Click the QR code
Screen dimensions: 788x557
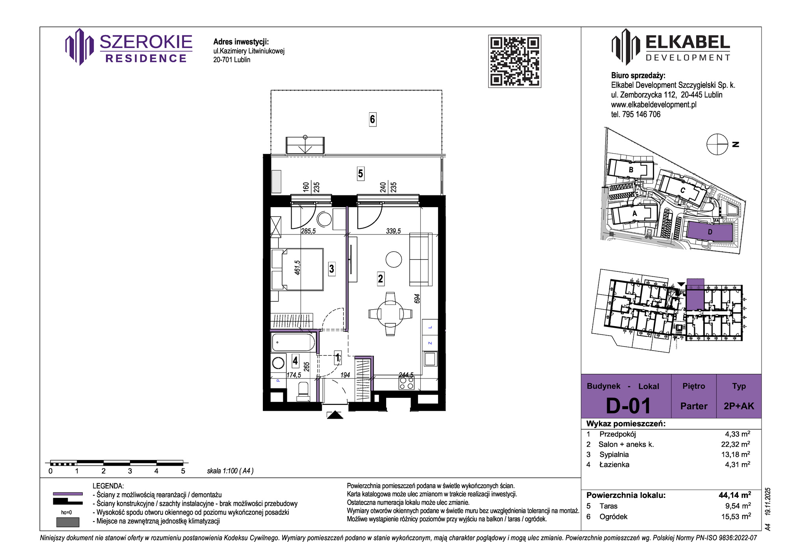pos(515,61)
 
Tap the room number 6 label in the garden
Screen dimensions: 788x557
pos(372,119)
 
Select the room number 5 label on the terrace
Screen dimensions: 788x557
pos(360,173)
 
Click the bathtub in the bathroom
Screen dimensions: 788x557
pos(293,342)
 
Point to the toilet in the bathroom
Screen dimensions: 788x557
pos(303,391)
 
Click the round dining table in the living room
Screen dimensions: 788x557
pos(390,314)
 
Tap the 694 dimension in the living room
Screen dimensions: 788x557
pos(417,299)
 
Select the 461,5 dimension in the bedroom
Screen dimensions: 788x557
pos(297,267)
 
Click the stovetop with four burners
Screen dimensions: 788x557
pos(407,383)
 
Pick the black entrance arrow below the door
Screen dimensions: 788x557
pos(335,415)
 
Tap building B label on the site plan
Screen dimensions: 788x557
pos(631,170)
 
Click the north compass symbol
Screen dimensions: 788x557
pos(717,144)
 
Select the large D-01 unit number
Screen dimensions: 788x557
pos(628,406)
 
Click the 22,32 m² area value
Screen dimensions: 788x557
pos(736,444)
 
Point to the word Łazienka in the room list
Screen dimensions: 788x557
pos(614,464)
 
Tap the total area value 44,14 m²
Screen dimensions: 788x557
pos(735,495)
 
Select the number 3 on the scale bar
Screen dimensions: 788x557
pos(130,471)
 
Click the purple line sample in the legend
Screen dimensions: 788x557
pos(68,494)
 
